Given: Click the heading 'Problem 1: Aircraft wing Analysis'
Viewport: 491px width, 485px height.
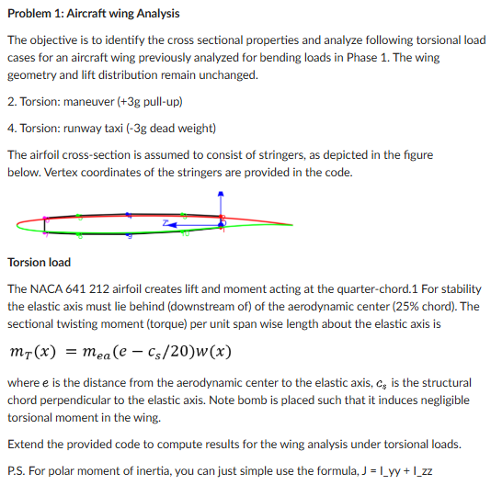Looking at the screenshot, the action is click(81, 14).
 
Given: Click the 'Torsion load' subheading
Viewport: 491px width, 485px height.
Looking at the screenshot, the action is click(39, 262).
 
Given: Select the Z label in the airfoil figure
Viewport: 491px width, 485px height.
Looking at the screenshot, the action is click(166, 221).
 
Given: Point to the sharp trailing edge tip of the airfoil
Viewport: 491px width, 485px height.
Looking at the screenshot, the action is click(292, 225).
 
